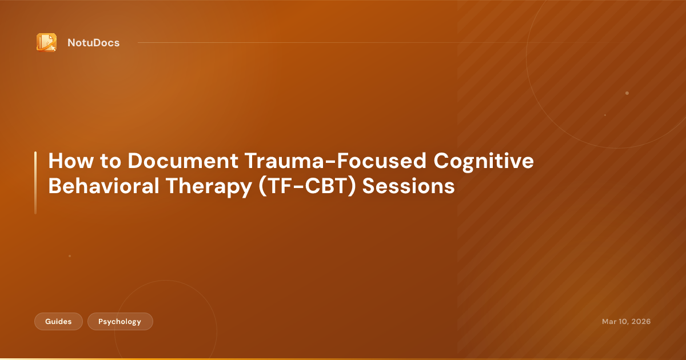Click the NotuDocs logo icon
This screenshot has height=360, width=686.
click(x=46, y=42)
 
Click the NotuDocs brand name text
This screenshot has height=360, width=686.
click(x=93, y=43)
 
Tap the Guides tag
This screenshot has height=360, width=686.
click(x=58, y=322)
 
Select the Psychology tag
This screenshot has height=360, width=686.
click(x=120, y=322)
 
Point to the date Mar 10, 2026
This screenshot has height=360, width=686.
click(x=626, y=322)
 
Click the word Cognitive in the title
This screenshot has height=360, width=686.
click(x=484, y=162)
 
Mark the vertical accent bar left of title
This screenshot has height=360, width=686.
click(x=35, y=183)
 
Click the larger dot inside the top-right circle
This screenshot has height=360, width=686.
click(x=627, y=93)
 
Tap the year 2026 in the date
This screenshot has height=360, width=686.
click(x=640, y=322)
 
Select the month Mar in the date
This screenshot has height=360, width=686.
click(x=609, y=322)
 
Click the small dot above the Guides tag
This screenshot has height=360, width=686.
click(x=70, y=256)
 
